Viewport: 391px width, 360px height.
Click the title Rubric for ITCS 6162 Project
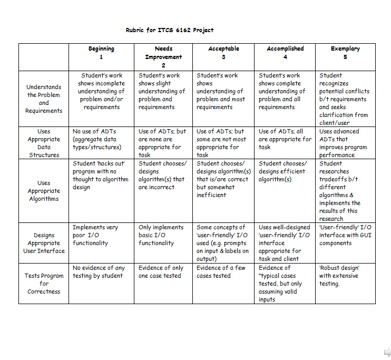coord(170,30)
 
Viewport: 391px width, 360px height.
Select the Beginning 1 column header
coord(101,53)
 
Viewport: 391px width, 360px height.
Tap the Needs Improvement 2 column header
coord(163,57)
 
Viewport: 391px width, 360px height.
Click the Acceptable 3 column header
coord(223,53)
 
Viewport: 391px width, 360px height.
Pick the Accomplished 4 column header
coord(285,53)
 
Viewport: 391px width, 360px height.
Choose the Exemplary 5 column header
coord(345,53)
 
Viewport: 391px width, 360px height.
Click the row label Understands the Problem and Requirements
coord(44,99)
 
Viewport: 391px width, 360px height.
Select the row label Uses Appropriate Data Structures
coord(44,143)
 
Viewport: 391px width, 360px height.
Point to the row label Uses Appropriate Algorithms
coord(44,191)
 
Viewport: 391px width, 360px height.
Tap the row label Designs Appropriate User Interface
coord(44,243)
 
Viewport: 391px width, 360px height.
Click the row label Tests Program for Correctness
coord(44,284)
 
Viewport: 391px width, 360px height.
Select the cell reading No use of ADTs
coord(97,139)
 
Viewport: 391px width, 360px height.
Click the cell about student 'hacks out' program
coord(100,176)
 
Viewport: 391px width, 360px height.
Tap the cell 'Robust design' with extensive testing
coord(339,276)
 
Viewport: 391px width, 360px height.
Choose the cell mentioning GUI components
coord(345,235)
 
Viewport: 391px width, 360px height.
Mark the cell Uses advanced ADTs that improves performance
coord(343,143)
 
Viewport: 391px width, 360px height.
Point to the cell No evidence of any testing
coord(99,271)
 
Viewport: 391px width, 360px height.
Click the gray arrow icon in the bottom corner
coord(387,352)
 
